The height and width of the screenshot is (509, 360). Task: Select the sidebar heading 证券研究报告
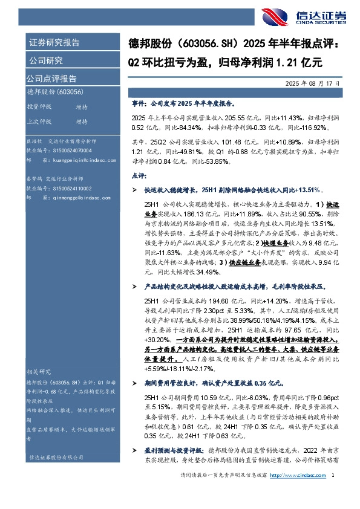click(54, 43)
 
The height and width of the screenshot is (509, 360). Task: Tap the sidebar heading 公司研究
click(46, 60)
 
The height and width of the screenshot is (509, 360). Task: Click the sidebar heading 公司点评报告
click(51, 79)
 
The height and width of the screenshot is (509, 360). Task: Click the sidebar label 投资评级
click(39, 106)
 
